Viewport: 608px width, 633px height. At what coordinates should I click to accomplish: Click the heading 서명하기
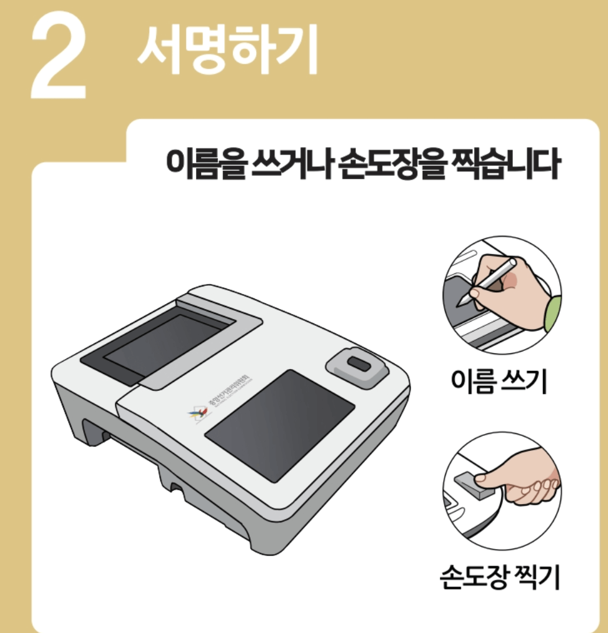click(x=227, y=50)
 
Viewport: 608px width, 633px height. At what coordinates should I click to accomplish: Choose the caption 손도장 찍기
click(x=500, y=576)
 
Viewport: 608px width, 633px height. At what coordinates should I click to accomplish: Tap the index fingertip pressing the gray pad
click(x=482, y=479)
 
